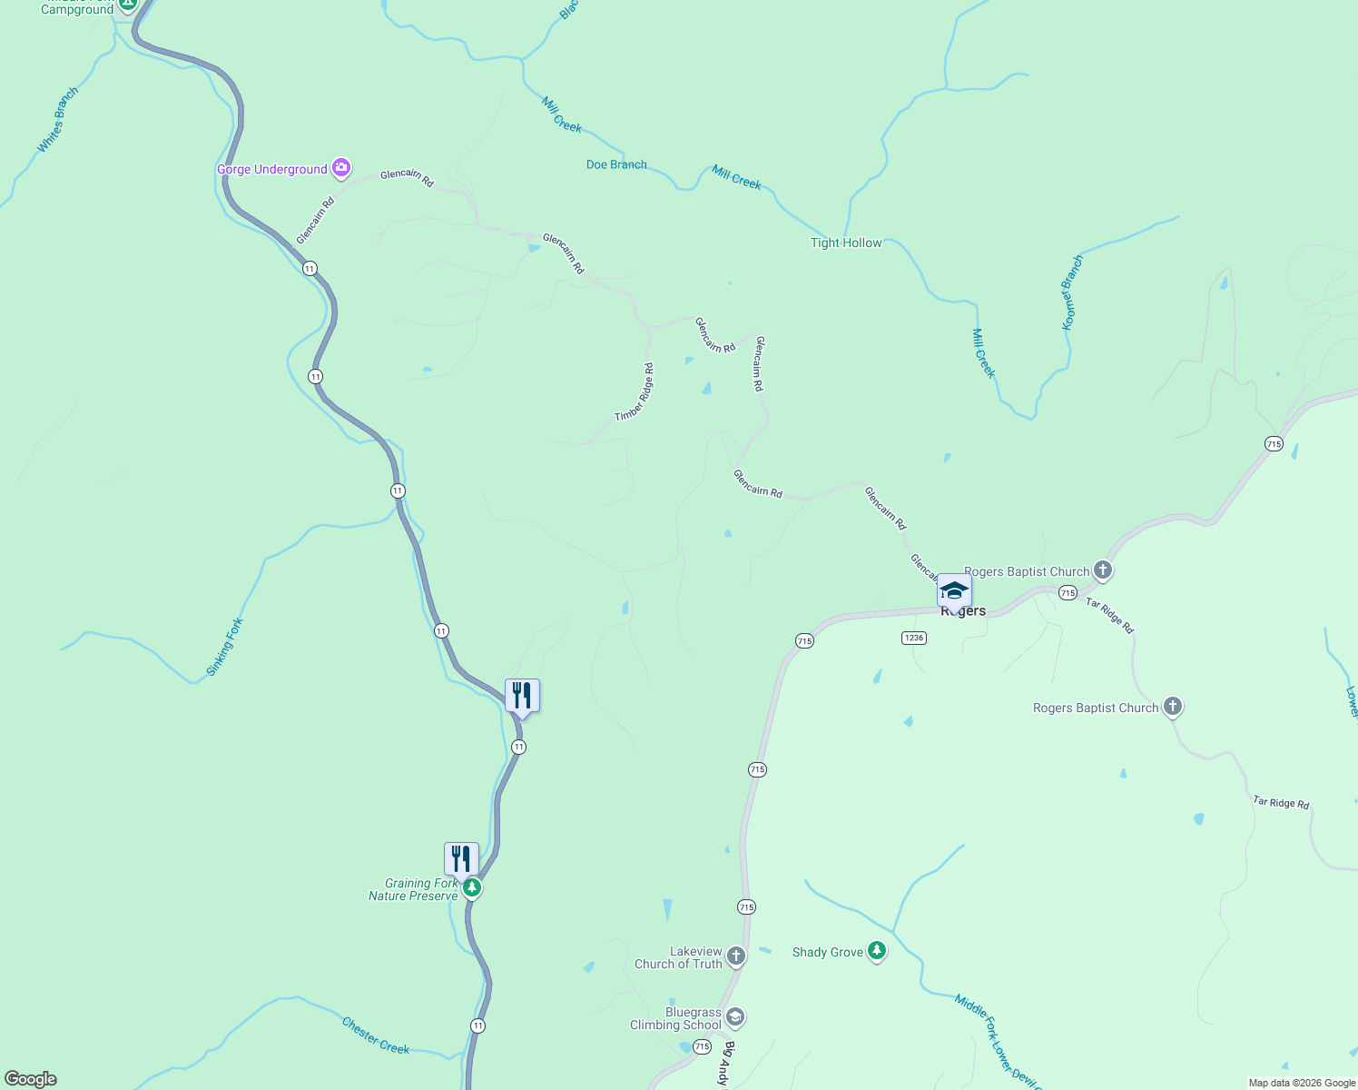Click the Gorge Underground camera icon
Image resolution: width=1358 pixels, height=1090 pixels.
341,167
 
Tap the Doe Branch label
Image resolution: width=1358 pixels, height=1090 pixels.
616,164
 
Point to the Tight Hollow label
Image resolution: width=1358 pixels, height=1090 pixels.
846,243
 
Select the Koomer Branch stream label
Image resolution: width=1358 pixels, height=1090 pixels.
1072,292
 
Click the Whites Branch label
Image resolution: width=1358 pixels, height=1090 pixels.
58,119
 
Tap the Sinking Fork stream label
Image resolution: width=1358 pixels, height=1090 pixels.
225,646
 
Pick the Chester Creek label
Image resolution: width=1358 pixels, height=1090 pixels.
376,1035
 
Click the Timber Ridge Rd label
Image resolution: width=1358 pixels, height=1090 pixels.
635,392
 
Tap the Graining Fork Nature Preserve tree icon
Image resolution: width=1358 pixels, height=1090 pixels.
471,887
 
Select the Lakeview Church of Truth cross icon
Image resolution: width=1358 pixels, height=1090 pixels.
736,956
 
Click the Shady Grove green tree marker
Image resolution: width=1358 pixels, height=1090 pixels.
876,951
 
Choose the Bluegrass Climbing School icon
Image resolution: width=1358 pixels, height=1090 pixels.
736,1017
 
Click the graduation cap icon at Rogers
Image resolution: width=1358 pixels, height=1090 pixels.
954,590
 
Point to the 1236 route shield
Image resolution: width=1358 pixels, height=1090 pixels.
913,638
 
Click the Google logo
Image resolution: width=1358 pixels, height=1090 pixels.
31,1079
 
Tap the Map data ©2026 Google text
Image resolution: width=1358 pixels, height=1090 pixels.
1302,1083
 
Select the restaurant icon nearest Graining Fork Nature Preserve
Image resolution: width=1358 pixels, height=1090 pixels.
461,857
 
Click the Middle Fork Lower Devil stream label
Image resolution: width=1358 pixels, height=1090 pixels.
996,1041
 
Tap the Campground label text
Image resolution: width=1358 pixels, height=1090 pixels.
77,10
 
